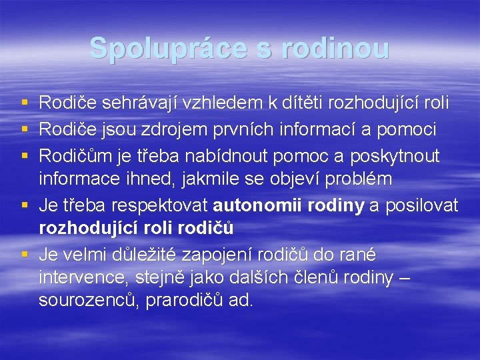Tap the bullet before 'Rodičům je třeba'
(24, 155)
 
